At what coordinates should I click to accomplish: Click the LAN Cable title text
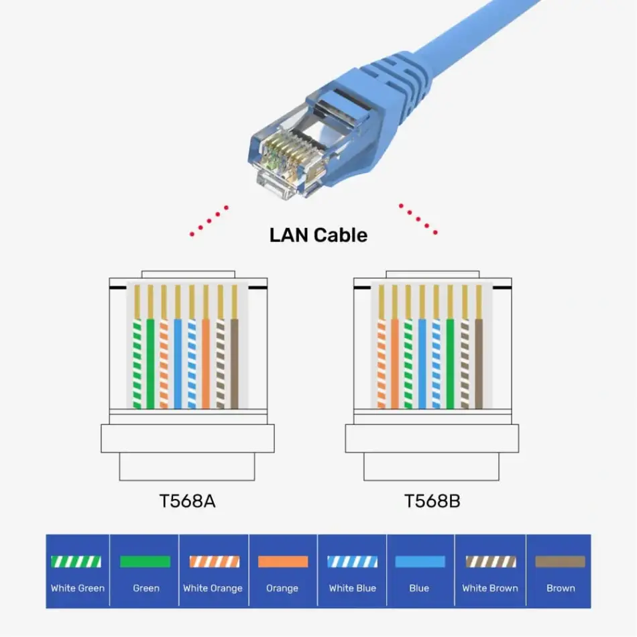[318, 235]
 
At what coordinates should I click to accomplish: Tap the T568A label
[187, 501]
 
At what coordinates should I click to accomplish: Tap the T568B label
[432, 501]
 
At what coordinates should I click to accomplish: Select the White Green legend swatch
[77, 562]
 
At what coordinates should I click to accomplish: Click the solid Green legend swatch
[146, 562]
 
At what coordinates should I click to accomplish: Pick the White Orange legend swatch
[213, 562]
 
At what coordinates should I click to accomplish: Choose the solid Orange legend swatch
[282, 562]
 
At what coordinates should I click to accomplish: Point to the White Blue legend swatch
[352, 562]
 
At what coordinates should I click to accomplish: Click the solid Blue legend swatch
[419, 562]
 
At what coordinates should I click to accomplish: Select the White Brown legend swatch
[490, 562]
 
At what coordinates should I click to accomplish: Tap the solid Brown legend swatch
[560, 562]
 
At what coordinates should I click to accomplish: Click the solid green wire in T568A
[150, 362]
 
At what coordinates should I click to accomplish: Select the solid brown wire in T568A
[235, 362]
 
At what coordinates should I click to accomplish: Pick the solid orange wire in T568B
[394, 362]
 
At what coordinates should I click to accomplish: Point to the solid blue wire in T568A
[178, 362]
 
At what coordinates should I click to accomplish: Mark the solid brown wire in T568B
[479, 362]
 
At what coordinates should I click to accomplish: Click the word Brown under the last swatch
[560, 588]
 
